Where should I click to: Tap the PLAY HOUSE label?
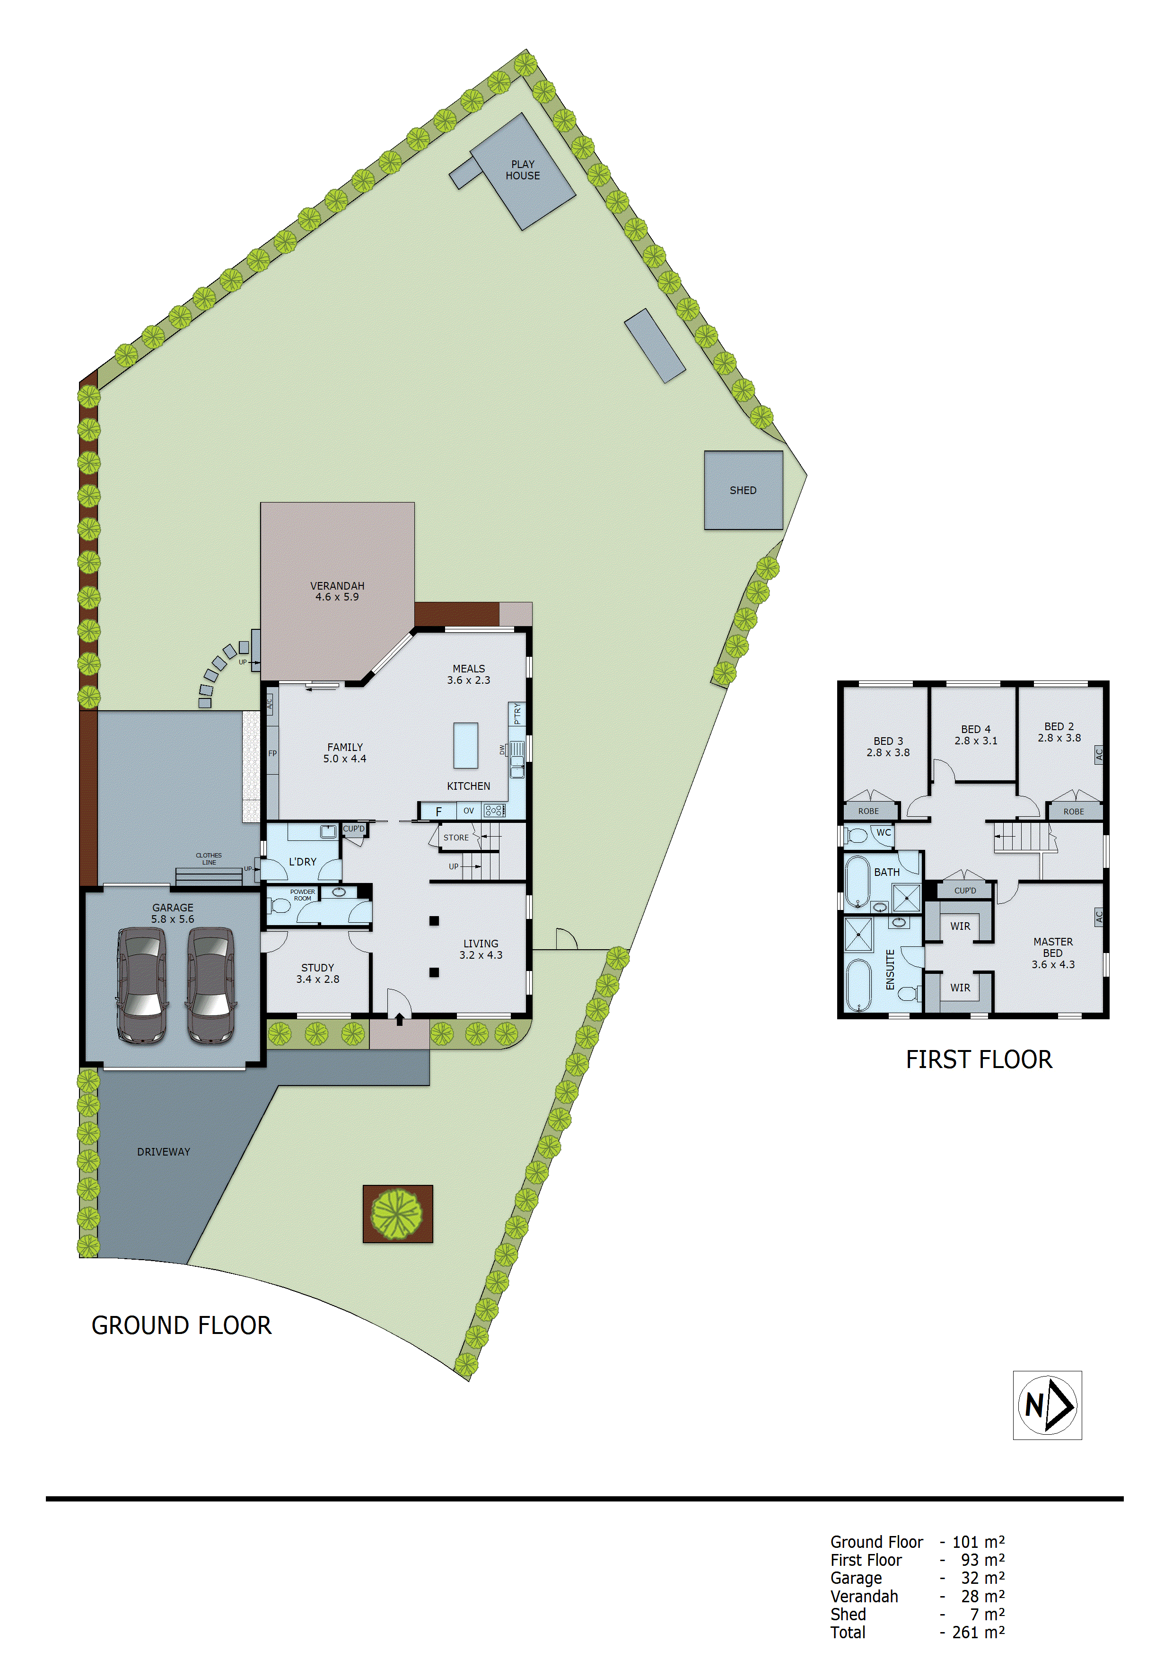[x=523, y=170]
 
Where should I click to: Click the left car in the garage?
[x=142, y=985]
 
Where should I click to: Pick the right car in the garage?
[x=211, y=985]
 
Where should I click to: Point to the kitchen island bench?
[x=465, y=745]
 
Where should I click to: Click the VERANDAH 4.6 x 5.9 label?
[x=337, y=592]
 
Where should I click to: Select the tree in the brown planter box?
[x=397, y=1214]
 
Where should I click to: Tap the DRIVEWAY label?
[x=163, y=1152]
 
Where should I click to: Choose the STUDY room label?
[x=317, y=973]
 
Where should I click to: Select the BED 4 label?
[x=976, y=734]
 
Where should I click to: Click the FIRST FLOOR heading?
[x=979, y=1060]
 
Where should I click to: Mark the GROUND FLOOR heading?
[x=182, y=1326]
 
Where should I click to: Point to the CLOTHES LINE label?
[x=209, y=859]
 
